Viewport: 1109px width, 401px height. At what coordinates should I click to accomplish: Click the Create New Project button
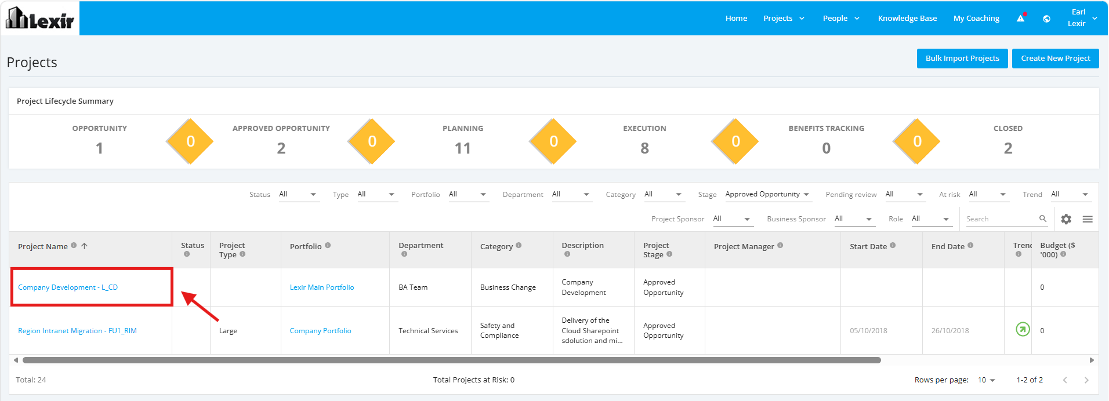pos(1055,59)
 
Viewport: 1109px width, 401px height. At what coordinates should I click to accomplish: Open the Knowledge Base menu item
pos(907,19)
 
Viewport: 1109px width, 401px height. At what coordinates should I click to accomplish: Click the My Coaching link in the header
pos(976,19)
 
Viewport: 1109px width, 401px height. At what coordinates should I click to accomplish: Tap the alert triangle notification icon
pos(1021,18)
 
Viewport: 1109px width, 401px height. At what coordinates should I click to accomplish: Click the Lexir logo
pos(40,18)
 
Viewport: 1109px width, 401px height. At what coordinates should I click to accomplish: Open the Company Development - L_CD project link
pos(68,287)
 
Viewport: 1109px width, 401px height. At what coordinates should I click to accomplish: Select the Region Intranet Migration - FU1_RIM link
pos(77,331)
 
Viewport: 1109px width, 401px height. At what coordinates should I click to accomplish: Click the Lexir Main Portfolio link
pos(322,287)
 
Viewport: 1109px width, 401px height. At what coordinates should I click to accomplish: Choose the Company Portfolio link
pos(320,331)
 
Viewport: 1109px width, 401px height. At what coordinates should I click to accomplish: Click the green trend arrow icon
pos(1023,329)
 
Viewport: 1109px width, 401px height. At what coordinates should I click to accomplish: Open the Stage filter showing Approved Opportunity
pos(767,195)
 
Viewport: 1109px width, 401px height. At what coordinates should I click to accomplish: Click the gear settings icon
pos(1066,219)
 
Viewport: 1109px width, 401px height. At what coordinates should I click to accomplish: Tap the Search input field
pos(1001,219)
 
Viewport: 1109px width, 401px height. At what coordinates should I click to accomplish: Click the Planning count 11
pos(462,148)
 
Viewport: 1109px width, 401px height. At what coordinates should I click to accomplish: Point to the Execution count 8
pos(644,148)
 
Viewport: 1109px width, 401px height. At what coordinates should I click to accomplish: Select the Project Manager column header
pos(744,246)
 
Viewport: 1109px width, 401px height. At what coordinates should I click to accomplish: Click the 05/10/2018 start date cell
pos(868,331)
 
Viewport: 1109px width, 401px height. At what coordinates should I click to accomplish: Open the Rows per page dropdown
pos(986,380)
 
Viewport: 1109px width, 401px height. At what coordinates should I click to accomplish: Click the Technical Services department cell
pos(428,331)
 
